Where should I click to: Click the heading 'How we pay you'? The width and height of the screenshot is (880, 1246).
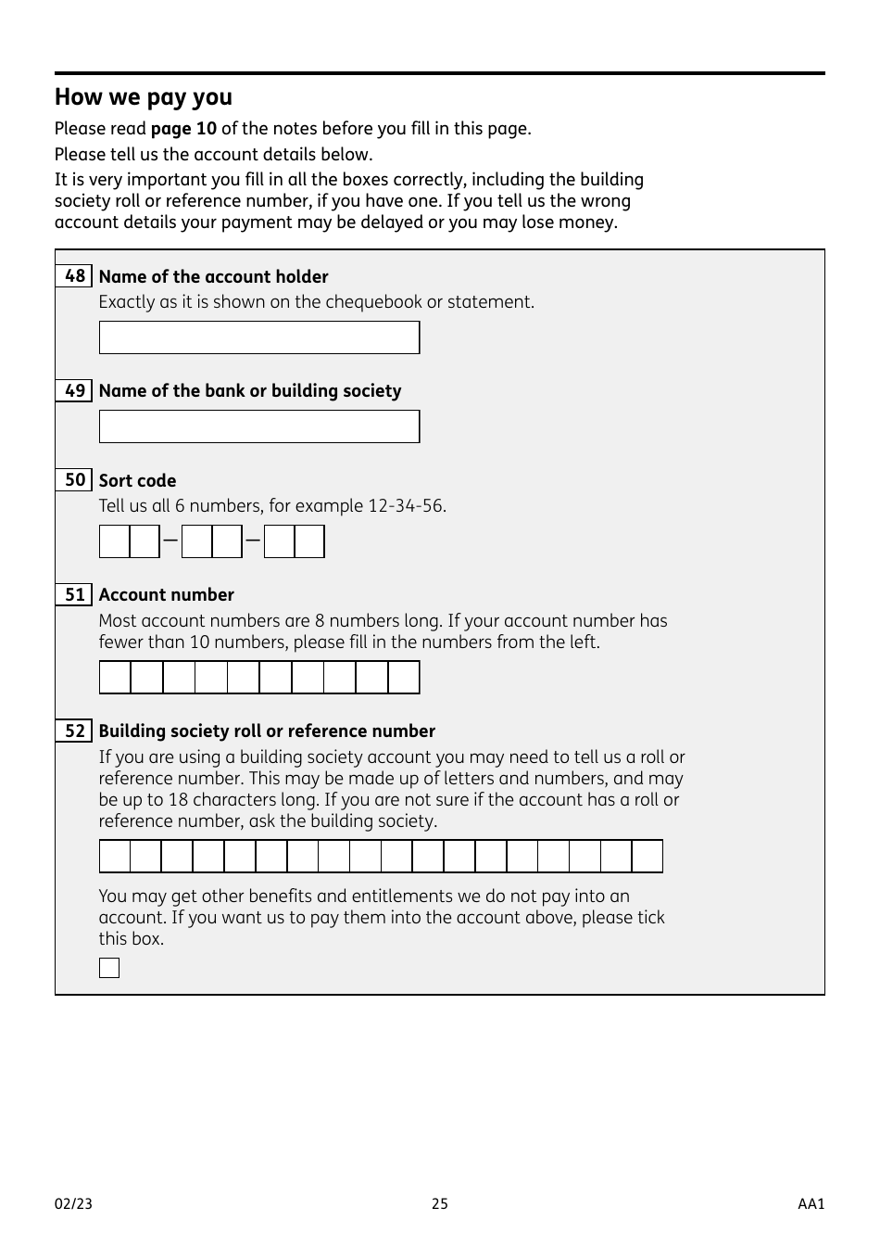click(144, 97)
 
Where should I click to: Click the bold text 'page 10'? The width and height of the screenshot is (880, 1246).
click(183, 128)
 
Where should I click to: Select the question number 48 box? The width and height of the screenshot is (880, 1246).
click(74, 276)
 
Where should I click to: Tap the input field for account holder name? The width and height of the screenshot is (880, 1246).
click(259, 337)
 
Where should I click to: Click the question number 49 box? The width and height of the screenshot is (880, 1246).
click(74, 390)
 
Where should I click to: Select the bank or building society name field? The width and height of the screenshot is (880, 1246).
click(259, 426)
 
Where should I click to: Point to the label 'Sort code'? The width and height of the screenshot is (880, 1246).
click(137, 480)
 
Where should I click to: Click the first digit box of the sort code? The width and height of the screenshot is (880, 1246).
click(115, 541)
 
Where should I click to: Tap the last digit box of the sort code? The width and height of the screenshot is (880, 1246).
click(309, 541)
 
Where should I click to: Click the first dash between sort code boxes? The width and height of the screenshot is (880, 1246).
click(170, 540)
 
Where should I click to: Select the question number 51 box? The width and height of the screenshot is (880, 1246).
click(74, 594)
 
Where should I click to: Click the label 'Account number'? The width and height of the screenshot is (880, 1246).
click(167, 595)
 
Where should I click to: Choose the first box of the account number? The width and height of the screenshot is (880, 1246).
click(115, 678)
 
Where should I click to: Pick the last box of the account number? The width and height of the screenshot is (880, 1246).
click(404, 678)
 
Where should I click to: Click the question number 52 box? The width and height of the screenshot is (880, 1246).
click(74, 731)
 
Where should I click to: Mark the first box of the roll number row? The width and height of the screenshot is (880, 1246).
click(115, 857)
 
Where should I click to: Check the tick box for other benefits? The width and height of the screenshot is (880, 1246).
click(109, 968)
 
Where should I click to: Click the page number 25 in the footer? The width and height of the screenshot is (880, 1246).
click(440, 1203)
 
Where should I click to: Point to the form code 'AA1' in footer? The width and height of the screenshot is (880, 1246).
click(811, 1203)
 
